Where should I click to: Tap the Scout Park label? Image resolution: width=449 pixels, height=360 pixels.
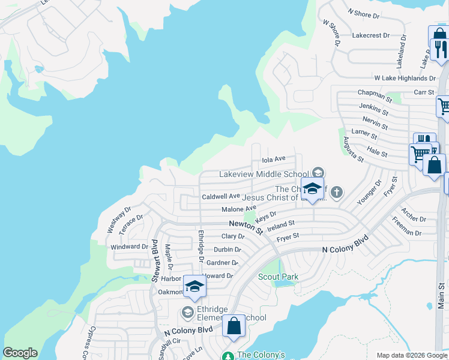(x=278, y=277)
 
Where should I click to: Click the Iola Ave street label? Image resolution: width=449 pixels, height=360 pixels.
(x=274, y=160)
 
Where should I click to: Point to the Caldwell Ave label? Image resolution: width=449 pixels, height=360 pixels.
(x=220, y=196)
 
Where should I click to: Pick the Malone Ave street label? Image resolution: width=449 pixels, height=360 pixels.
(x=238, y=209)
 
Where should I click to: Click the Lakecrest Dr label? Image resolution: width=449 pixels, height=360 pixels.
(x=371, y=35)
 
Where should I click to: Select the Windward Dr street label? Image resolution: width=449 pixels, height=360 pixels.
(x=129, y=247)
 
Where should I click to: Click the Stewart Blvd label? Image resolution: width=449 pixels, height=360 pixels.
(x=154, y=260)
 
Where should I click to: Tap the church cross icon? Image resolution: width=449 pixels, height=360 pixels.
(x=337, y=192)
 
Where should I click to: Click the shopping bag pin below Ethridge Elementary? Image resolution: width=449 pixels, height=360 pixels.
(x=234, y=326)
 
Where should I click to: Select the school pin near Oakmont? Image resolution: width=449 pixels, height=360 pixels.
(x=194, y=287)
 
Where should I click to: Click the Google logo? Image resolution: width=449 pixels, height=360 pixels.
(x=20, y=353)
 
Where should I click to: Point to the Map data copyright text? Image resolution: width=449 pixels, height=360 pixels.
(x=412, y=355)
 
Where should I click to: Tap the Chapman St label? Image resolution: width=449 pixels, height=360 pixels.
(x=374, y=93)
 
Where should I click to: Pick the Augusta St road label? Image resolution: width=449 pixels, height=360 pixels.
(x=352, y=149)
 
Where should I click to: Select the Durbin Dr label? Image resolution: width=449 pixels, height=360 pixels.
(x=228, y=250)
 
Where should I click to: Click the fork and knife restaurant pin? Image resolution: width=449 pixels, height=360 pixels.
(x=439, y=47)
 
